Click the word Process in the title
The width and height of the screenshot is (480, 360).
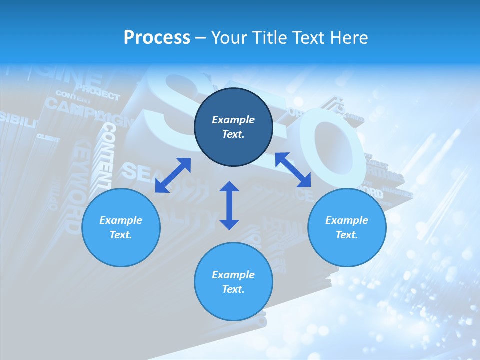click(157, 38)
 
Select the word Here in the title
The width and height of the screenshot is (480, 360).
click(349, 38)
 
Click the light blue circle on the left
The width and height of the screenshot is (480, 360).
click(121, 227)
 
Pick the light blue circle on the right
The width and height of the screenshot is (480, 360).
click(347, 227)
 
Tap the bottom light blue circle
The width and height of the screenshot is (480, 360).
click(233, 281)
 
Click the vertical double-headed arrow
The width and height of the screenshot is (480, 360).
click(229, 205)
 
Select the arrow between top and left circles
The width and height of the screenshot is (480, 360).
click(173, 175)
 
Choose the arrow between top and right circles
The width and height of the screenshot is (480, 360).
click(293, 170)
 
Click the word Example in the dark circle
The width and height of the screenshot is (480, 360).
click(233, 120)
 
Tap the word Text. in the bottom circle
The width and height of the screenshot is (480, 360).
click(233, 289)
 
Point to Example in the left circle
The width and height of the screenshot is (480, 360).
click(121, 220)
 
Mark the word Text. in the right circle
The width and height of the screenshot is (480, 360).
click(347, 235)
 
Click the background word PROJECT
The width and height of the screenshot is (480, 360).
click(98, 93)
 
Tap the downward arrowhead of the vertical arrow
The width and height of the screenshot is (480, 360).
click(229, 223)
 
